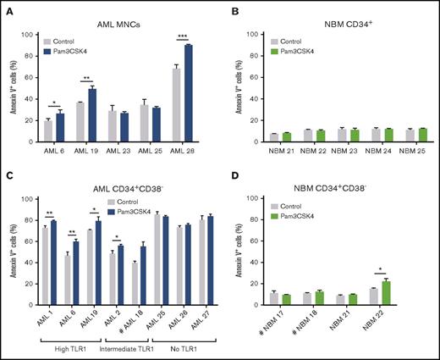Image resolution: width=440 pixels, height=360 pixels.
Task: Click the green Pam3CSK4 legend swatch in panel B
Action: (x=276, y=49)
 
